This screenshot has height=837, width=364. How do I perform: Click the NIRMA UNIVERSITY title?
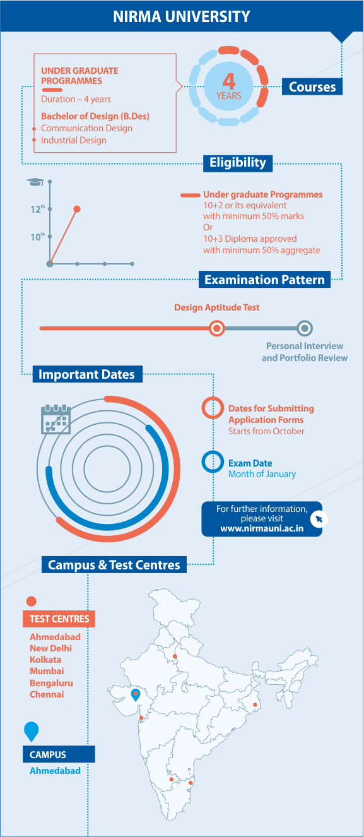[x=182, y=16]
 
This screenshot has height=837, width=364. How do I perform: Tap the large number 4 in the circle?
[x=228, y=81]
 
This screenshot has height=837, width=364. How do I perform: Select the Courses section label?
[x=312, y=86]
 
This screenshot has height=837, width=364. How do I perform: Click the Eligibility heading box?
[x=238, y=163]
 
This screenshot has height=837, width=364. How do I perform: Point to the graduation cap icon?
[x=35, y=182]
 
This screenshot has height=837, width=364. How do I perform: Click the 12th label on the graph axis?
[x=37, y=209]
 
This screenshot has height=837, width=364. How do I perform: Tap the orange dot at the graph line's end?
[x=77, y=209]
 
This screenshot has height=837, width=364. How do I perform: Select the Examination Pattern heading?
[x=264, y=280]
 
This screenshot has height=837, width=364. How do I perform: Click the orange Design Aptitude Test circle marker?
[x=216, y=328]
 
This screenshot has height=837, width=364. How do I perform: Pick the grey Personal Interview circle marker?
[x=305, y=328]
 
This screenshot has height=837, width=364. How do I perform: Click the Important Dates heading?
[x=87, y=374]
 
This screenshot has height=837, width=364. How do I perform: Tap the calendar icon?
[x=56, y=419]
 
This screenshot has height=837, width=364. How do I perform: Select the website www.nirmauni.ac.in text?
[x=262, y=529]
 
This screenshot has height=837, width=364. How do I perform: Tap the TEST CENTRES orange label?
[x=59, y=619]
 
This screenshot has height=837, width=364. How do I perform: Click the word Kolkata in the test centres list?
[x=45, y=660]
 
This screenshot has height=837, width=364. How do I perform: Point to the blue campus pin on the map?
[x=136, y=694]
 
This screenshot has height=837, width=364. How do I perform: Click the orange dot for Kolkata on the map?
[x=255, y=704]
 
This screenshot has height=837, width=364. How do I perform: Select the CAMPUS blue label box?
[x=59, y=754]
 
